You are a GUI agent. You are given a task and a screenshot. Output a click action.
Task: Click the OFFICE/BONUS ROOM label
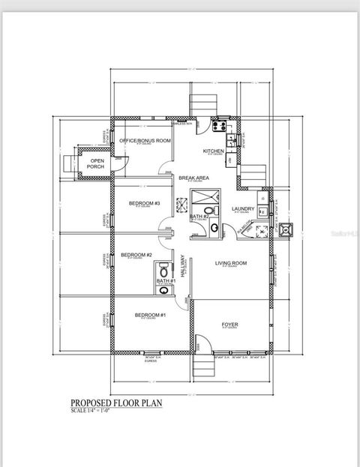pyautogui.click(x=141, y=141)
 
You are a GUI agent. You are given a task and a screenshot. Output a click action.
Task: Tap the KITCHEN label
pyautogui.click(x=214, y=151)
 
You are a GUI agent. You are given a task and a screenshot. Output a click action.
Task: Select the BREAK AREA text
pyautogui.click(x=193, y=178)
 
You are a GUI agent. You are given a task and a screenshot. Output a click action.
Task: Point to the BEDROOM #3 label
pyautogui.click(x=144, y=203)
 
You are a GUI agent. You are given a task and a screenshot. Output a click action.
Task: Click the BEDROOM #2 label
pyautogui.click(x=136, y=255)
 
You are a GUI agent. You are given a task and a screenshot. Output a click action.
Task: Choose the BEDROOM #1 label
pyautogui.click(x=150, y=315)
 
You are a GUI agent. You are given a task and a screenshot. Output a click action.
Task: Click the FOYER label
pyautogui.click(x=229, y=325)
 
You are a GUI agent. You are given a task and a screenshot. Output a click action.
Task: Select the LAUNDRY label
pyautogui.click(x=244, y=209)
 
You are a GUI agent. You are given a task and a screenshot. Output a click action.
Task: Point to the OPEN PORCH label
pyautogui.click(x=96, y=163)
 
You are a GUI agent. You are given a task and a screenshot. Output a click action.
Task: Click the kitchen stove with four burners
pyautogui.click(x=223, y=126)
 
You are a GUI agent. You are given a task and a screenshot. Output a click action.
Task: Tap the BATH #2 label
pyautogui.click(x=199, y=217)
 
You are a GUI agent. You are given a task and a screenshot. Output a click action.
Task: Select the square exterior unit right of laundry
pyautogui.click(x=285, y=229)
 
